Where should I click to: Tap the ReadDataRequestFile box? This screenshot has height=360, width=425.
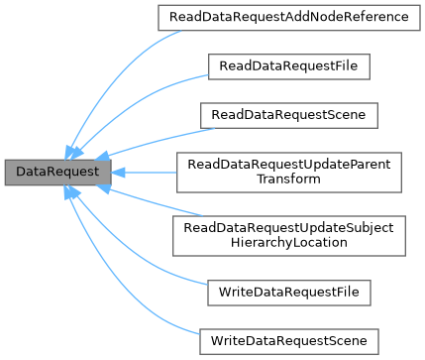pos(288,66)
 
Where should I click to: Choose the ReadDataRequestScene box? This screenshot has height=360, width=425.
pos(288,115)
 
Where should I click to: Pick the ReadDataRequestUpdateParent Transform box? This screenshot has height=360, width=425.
pos(288,172)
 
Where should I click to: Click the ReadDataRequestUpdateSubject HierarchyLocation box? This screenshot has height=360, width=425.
pos(288,236)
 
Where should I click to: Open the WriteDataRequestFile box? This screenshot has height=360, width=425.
pos(288,293)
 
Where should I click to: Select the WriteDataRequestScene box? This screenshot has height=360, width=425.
pos(288,341)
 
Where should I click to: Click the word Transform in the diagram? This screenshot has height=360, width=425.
pos(288,180)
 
